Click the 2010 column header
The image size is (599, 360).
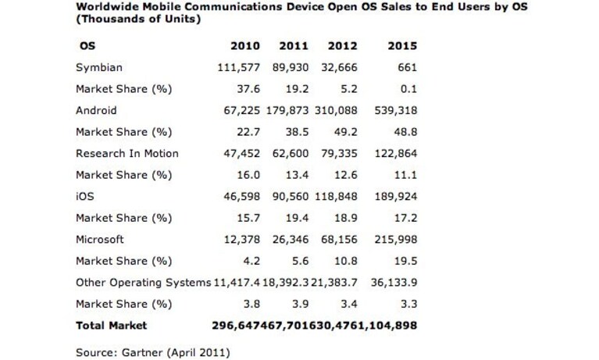pos(245,46)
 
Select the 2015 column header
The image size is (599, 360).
pos(402,46)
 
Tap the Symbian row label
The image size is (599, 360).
pos(99,68)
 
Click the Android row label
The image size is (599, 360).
pos(96,110)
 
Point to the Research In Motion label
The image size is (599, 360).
pos(127,153)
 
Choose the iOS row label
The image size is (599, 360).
pos(85,197)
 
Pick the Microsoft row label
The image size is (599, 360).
pos(100,239)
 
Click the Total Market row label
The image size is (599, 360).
pos(111,325)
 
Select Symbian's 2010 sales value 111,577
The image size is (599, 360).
pos(239,68)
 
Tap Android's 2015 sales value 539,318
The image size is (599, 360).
pos(396,110)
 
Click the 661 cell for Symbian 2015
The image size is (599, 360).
pos(407,68)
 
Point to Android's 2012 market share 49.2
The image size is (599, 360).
pos(345,132)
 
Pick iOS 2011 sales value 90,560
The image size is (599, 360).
pos(291,197)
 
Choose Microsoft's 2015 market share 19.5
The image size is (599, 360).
pos(405,261)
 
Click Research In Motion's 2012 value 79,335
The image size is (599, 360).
pos(339,153)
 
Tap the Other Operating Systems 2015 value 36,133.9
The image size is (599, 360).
pos(394,283)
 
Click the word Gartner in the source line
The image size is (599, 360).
pos(138,352)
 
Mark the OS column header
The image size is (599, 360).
pos(87,46)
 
